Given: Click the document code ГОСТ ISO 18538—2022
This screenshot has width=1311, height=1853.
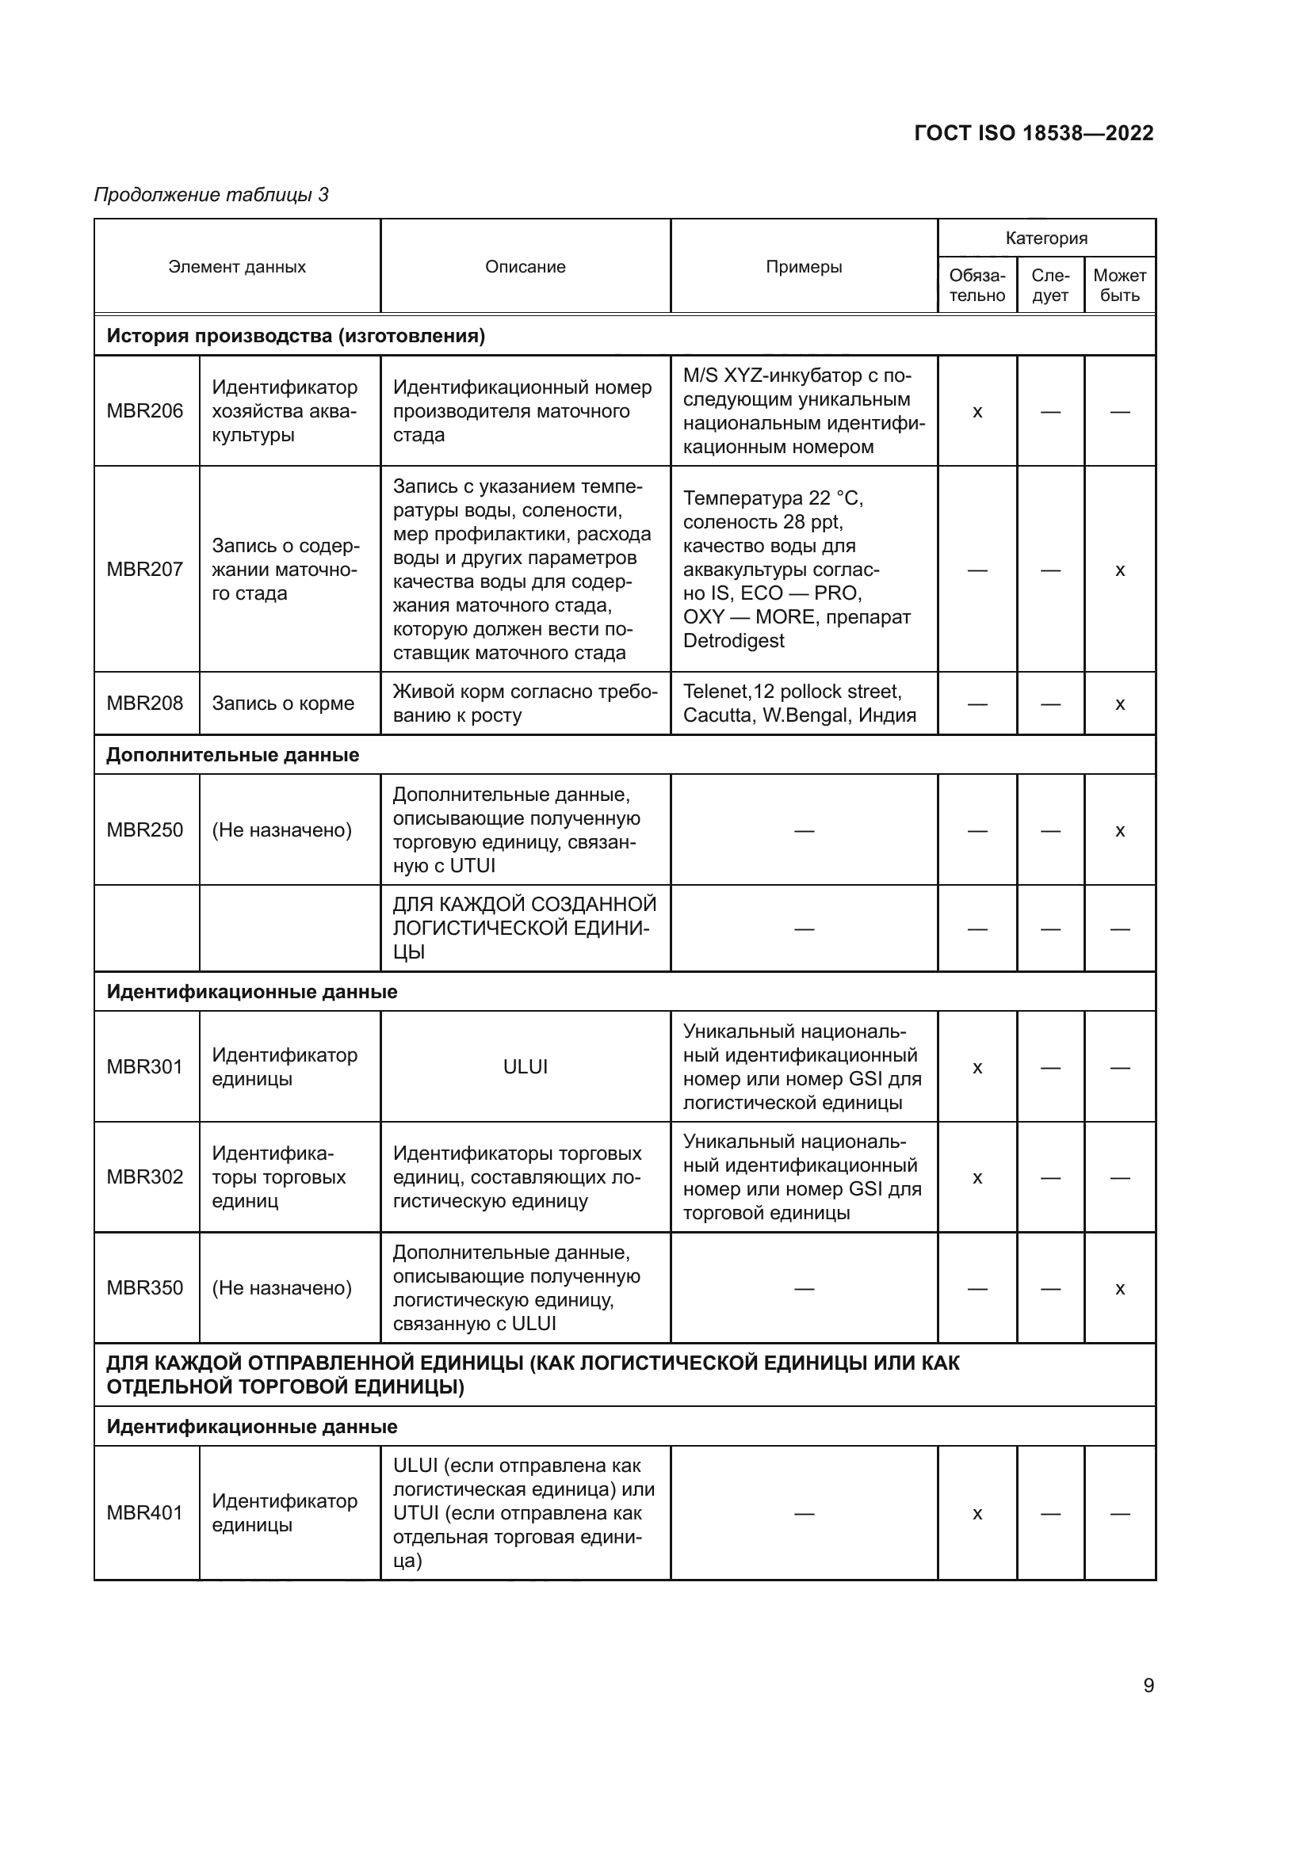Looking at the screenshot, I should pyautogui.click(x=1034, y=133).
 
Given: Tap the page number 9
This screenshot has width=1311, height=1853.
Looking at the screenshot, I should pyautogui.click(x=1149, y=1685).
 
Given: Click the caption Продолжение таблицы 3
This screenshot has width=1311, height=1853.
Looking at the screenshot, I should pyautogui.click(x=212, y=195).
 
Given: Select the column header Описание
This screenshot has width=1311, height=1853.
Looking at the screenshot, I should pyautogui.click(x=525, y=267).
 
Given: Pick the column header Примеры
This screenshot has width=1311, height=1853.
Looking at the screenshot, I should pyautogui.click(x=803, y=267).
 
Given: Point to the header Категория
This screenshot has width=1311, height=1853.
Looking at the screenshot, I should pyautogui.click(x=1046, y=238).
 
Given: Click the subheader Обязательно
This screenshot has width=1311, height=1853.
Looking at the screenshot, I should pyautogui.click(x=977, y=286).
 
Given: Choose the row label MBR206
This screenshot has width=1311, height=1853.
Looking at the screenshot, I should pyautogui.click(x=145, y=411).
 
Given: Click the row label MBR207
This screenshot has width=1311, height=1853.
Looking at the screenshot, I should pyautogui.click(x=145, y=569).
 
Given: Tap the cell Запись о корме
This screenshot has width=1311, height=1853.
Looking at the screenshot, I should pyautogui.click(x=282, y=703).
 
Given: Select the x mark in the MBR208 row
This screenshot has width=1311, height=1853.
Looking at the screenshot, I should pyautogui.click(x=1120, y=703).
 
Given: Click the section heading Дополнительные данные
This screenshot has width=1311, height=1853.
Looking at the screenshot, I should pyautogui.click(x=232, y=755).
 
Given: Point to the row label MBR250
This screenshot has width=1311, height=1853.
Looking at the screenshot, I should pyautogui.click(x=145, y=829).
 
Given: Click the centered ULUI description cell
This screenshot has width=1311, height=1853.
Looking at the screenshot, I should pyautogui.click(x=525, y=1067).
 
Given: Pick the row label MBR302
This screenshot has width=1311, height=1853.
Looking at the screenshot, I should pyautogui.click(x=145, y=1176).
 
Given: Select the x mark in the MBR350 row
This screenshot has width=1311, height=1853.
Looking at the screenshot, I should pyautogui.click(x=1120, y=1288).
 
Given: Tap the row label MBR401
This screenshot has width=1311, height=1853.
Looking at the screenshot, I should pyautogui.click(x=145, y=1512).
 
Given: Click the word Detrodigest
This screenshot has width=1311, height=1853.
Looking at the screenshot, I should pyautogui.click(x=733, y=641).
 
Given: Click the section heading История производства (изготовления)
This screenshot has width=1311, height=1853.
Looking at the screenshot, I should pyautogui.click(x=296, y=336).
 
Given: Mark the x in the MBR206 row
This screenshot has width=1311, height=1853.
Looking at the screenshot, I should pyautogui.click(x=977, y=412).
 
